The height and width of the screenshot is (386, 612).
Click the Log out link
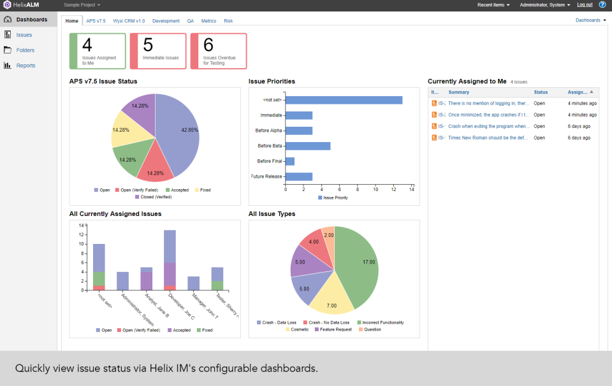point(585,4)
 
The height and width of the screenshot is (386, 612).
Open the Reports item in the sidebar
point(25,66)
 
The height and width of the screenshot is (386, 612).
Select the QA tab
point(190,21)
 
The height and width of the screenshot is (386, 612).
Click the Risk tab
point(228,21)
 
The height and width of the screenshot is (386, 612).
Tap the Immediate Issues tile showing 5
point(158,51)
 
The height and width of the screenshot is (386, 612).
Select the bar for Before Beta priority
point(308,146)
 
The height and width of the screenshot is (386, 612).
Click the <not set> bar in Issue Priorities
point(344,100)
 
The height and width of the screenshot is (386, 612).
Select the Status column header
point(541,92)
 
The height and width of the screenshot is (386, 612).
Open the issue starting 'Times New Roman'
point(489,138)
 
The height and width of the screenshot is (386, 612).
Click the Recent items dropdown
point(494,4)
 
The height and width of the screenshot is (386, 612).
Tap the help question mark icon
point(602,4)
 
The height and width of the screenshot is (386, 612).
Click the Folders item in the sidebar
point(25,50)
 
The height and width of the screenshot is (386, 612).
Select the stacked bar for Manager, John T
point(194,283)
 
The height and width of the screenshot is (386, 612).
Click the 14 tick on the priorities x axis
point(412,189)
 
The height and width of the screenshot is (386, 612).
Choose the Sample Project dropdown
point(82,4)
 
